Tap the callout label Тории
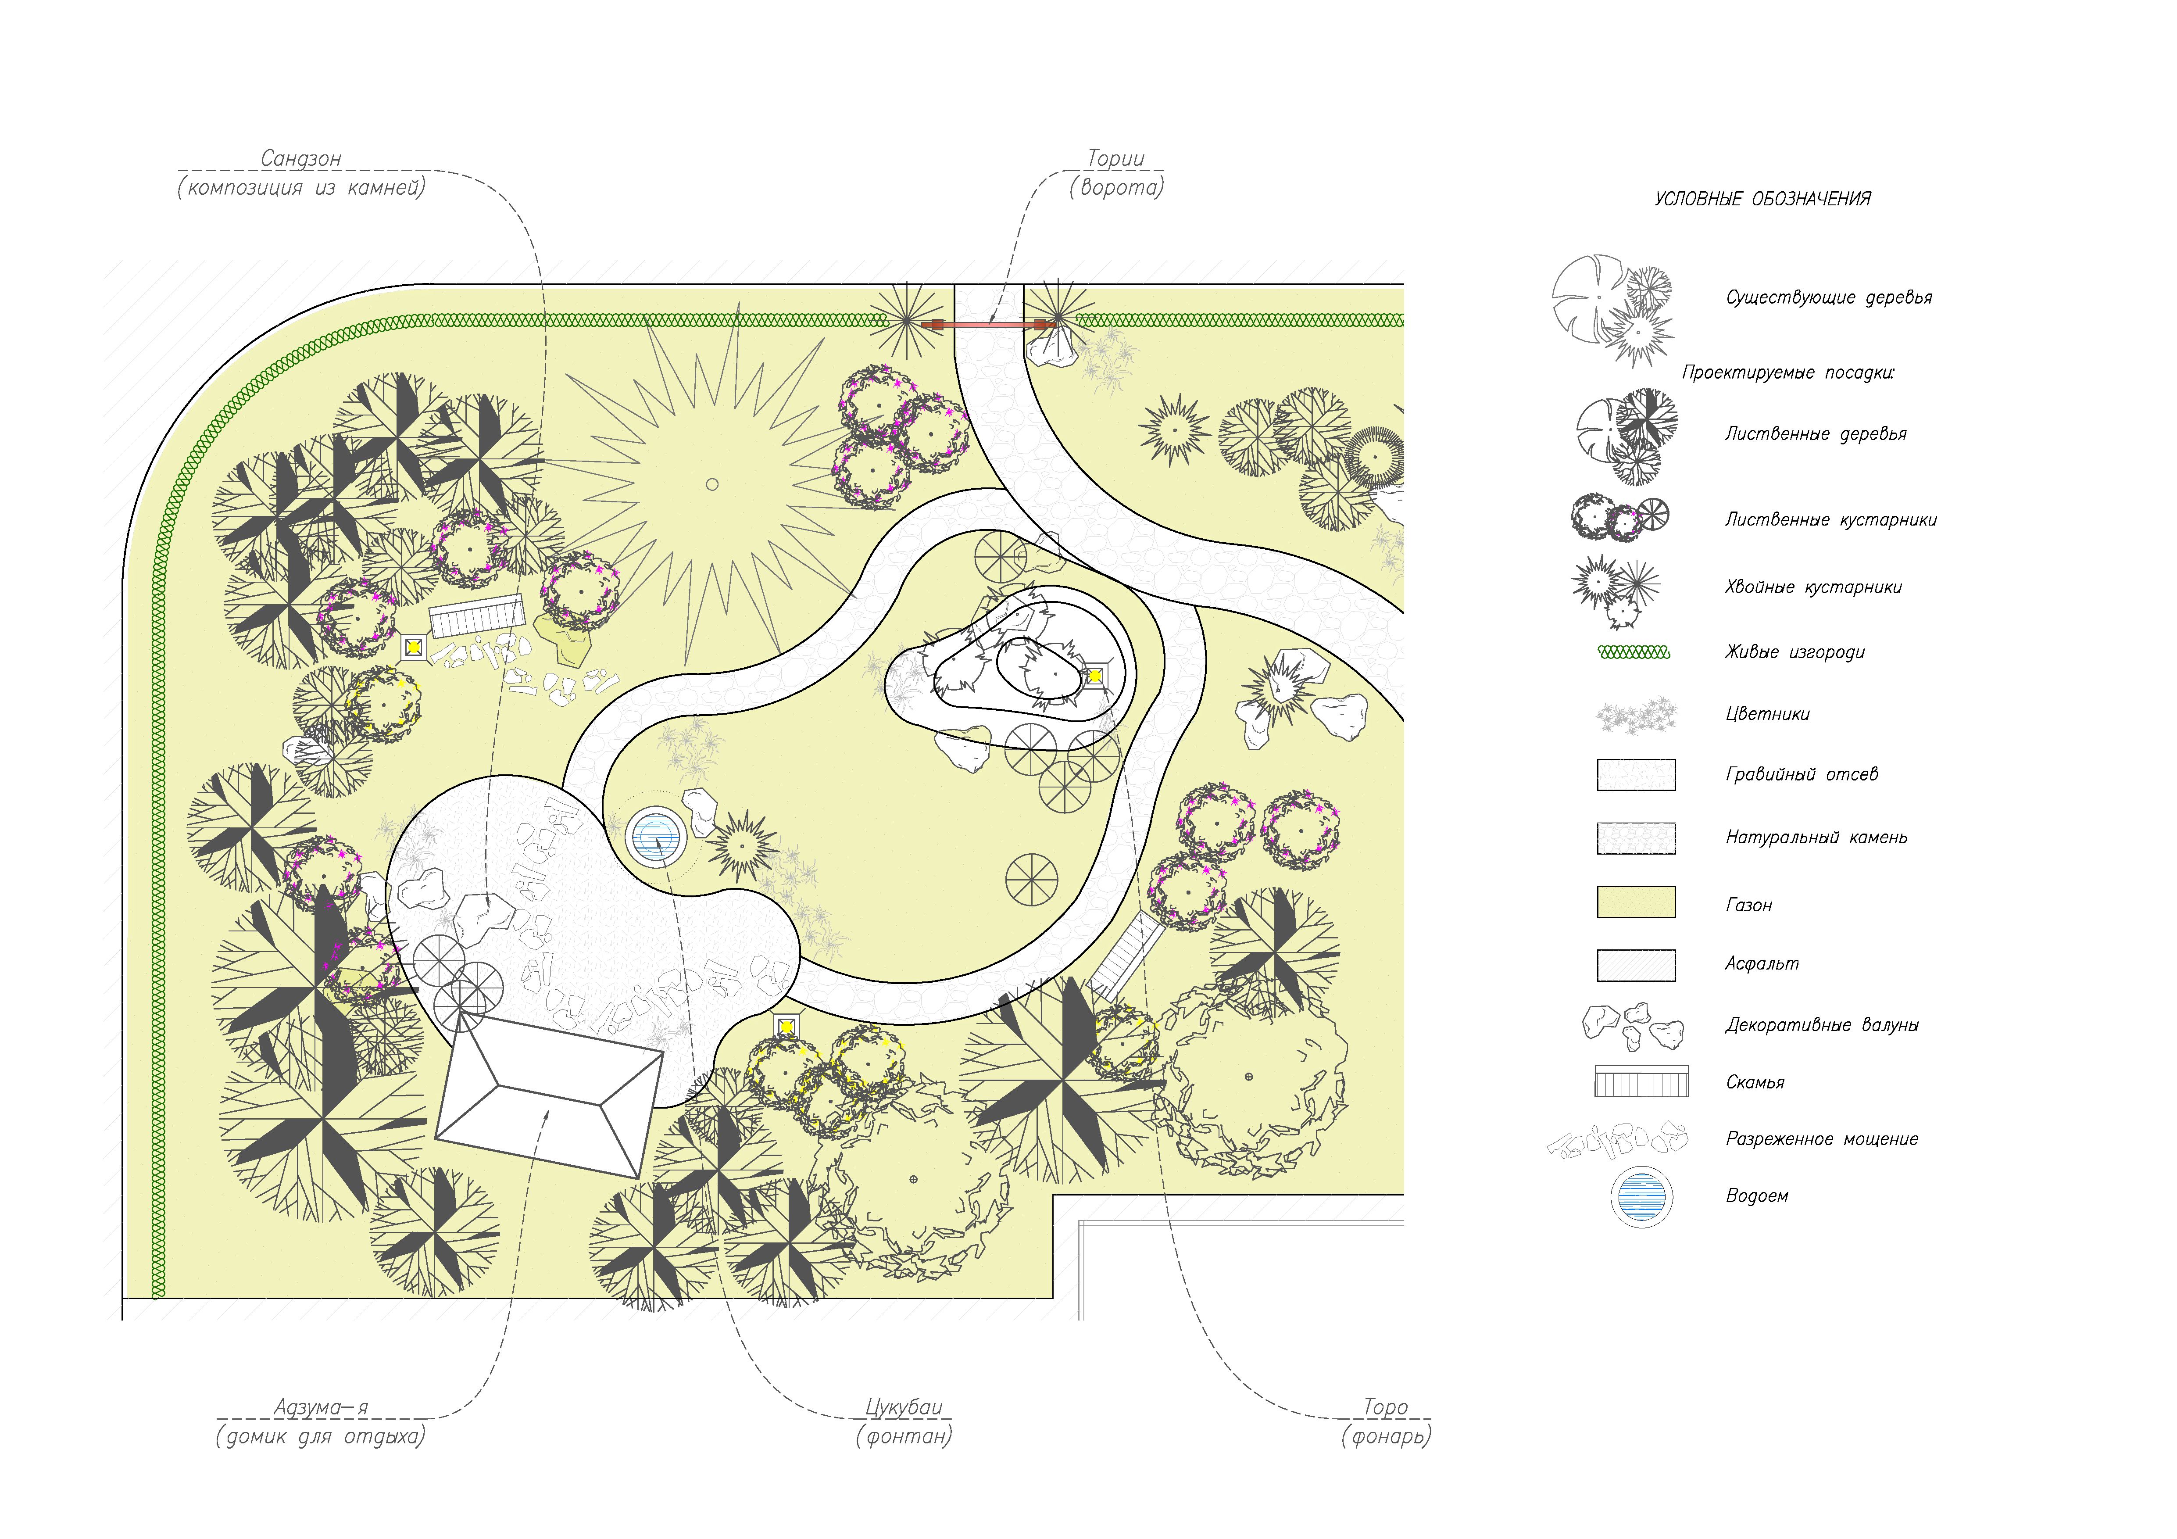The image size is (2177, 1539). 1116,158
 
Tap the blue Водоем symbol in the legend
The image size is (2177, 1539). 1641,1197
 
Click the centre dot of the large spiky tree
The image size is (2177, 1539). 712,484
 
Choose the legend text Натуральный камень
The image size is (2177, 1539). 1816,838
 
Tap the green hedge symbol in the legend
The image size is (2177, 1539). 1634,652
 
